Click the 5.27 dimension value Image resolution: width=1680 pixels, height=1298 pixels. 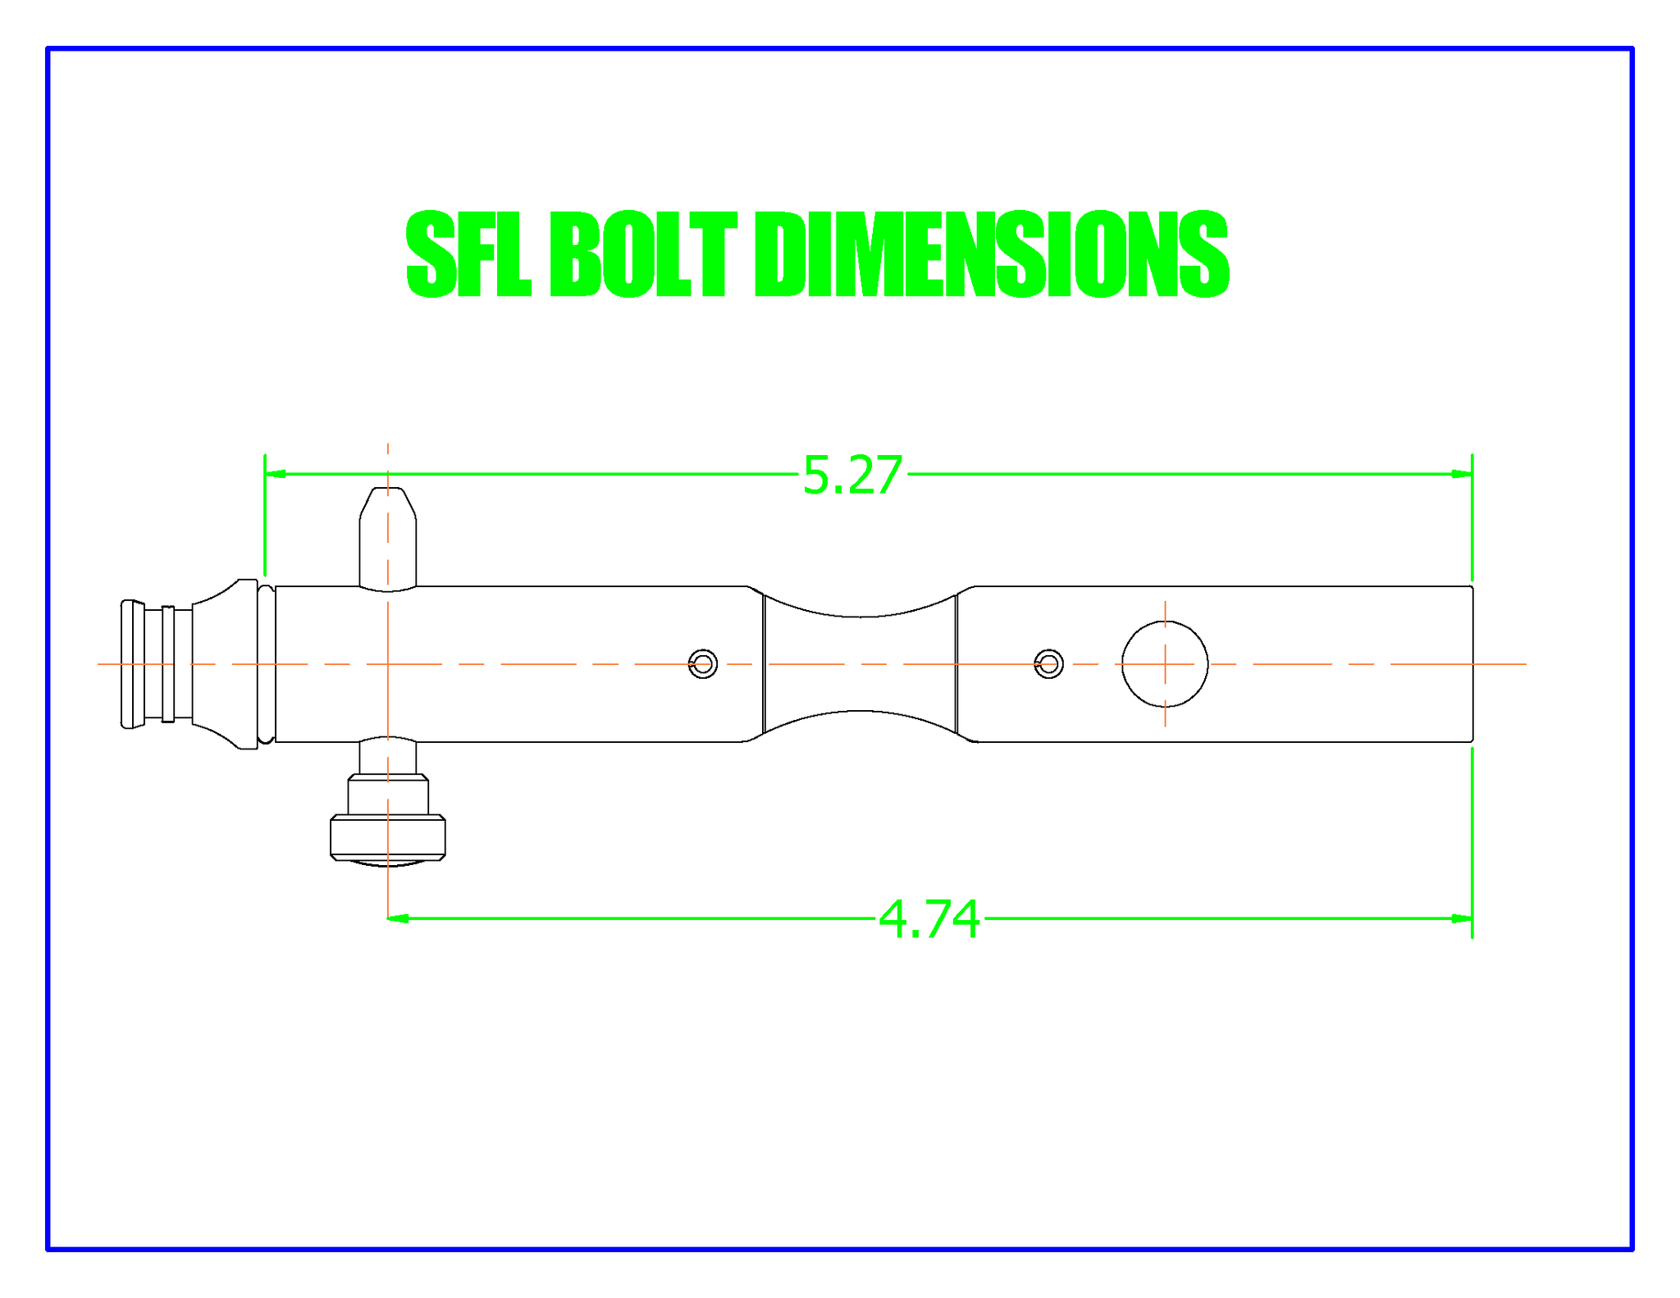point(851,476)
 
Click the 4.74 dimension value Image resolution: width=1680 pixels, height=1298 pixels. point(929,919)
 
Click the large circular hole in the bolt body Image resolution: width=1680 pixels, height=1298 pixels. point(1165,664)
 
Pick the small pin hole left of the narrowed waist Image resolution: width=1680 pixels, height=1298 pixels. point(703,664)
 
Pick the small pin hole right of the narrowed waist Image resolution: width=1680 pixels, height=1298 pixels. point(1049,664)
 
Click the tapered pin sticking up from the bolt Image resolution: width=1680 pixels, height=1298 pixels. point(388,537)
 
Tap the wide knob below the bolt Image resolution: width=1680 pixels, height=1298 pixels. point(388,837)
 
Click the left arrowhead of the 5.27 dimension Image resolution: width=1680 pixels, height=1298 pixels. point(275,474)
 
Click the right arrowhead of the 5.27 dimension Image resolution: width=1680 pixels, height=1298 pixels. point(1463,474)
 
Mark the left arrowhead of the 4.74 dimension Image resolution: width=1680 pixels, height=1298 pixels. point(398,918)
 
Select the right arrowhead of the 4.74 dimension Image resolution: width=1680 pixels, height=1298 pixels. point(1463,918)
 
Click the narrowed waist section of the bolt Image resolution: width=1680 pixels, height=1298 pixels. point(860,664)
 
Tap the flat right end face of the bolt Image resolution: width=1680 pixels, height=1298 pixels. point(1472,664)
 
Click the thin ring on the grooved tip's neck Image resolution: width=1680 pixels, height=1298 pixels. point(168,664)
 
